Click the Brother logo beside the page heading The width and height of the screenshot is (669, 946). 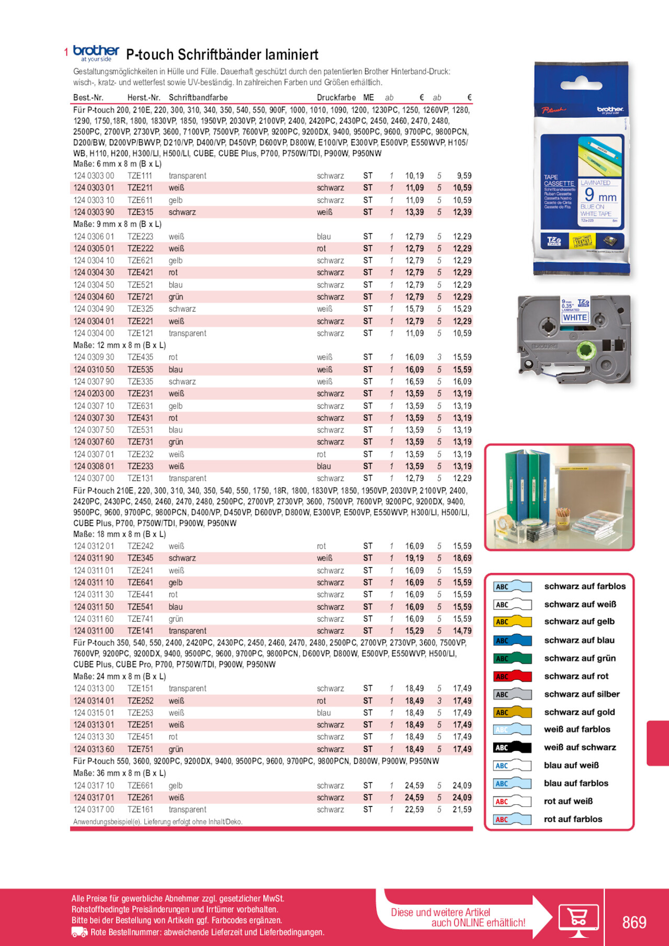click(x=96, y=53)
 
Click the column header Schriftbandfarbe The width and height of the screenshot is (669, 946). click(x=198, y=98)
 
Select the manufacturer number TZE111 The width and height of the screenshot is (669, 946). click(x=140, y=176)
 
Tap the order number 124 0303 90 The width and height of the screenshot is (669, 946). click(x=94, y=212)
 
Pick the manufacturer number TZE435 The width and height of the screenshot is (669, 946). click(x=140, y=357)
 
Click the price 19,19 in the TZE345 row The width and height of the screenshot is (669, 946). click(x=414, y=559)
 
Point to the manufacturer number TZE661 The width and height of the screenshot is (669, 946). click(x=140, y=785)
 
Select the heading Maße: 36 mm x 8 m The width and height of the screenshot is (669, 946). click(x=119, y=773)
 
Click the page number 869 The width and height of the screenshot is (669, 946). click(x=634, y=922)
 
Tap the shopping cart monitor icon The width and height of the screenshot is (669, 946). click(x=578, y=919)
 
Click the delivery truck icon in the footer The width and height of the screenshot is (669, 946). click(x=79, y=932)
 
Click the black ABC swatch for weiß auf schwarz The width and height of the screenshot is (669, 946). click(x=512, y=748)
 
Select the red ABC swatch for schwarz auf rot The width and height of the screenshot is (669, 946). click(x=512, y=676)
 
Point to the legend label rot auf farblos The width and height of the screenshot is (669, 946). click(x=573, y=819)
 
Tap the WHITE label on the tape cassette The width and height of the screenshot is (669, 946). click(x=575, y=317)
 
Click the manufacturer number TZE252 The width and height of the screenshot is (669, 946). click(x=140, y=701)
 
